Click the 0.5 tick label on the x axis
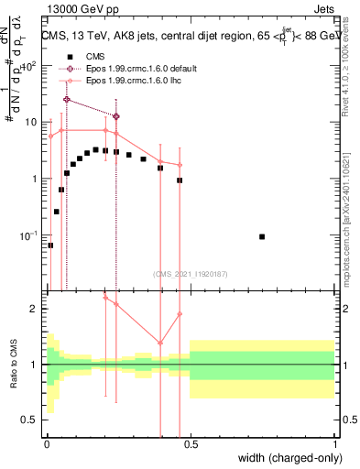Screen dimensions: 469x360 pos(191,443)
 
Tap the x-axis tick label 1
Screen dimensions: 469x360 pos(335,443)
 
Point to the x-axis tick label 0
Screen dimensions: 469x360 pos(46,443)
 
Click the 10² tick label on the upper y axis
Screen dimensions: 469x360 pos(31,66)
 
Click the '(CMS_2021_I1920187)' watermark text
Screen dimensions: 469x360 pos(191,272)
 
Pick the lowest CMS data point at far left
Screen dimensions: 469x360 pos(50,245)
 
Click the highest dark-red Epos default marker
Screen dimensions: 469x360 pos(66,99)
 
